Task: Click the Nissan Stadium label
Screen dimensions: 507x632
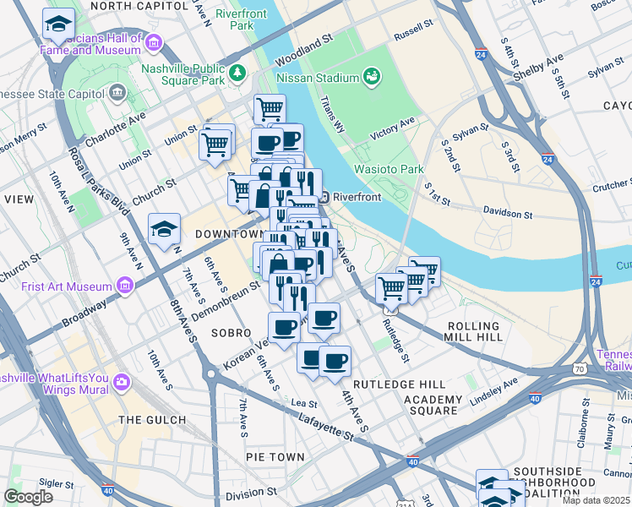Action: (318, 78)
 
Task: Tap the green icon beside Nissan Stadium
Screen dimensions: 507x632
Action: (370, 78)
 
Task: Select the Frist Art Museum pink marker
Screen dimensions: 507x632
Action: (127, 285)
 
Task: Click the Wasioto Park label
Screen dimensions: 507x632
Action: (390, 169)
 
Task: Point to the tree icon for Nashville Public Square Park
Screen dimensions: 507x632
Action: (238, 74)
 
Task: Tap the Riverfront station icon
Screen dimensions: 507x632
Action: (324, 197)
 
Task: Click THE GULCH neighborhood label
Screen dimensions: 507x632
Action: (152, 420)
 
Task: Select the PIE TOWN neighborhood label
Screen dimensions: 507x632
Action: (275, 457)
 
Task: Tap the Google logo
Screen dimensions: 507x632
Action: (28, 497)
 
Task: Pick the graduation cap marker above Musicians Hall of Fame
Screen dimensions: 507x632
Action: (58, 25)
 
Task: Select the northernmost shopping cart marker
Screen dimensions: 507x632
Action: (270, 109)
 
